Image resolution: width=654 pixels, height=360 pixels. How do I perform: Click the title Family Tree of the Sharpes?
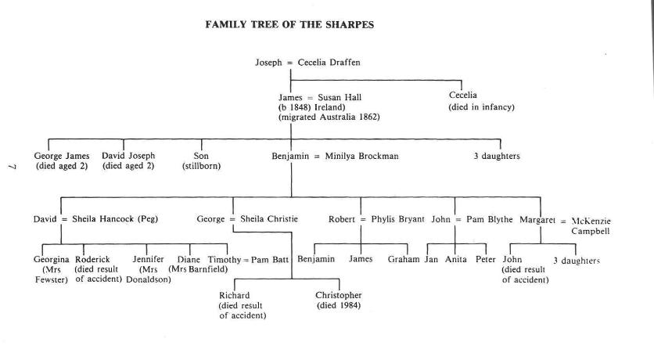point(289,24)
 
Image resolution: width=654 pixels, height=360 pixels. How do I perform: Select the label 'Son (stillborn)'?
point(201,161)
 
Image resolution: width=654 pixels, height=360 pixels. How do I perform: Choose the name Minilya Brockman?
point(362,156)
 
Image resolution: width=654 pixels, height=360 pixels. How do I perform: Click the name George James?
point(62,156)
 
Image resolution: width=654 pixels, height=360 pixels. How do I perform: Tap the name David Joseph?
point(129,156)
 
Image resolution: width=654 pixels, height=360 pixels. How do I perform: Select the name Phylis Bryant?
point(395,219)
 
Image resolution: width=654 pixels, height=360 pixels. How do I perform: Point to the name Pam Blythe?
point(489,219)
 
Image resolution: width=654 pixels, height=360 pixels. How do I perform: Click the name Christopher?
point(339,295)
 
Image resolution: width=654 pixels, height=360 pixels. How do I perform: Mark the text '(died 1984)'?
point(339,305)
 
